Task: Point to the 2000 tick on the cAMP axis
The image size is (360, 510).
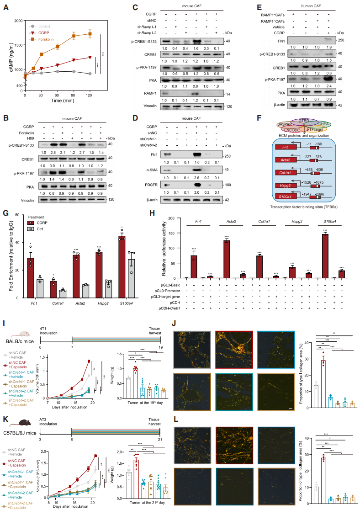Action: pyautogui.click(x=17, y=21)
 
